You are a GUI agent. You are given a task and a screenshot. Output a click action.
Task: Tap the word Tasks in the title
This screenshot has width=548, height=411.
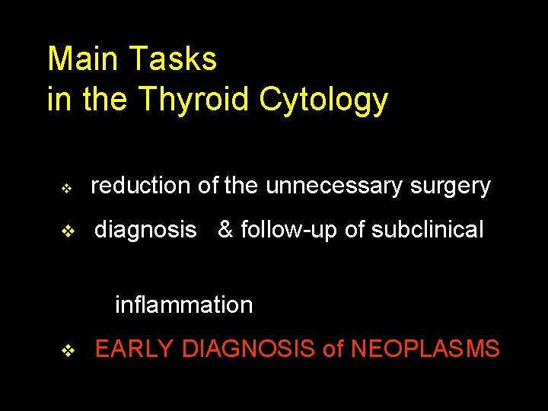[174, 59]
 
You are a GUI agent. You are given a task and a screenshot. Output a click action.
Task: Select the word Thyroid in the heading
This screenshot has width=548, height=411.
[195, 100]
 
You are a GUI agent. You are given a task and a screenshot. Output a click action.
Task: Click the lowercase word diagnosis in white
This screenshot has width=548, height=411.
[145, 231]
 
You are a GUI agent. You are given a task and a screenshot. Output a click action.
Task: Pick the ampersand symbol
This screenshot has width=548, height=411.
[225, 230]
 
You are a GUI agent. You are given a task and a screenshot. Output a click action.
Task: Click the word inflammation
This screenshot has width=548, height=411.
[183, 305]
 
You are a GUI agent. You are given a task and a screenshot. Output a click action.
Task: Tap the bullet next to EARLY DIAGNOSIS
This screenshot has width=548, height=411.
[66, 351]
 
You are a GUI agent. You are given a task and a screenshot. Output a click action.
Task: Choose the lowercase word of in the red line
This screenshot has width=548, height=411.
[333, 349]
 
